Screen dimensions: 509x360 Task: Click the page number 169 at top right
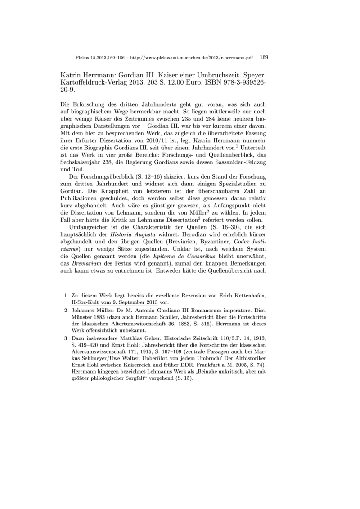[x=264, y=57]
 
